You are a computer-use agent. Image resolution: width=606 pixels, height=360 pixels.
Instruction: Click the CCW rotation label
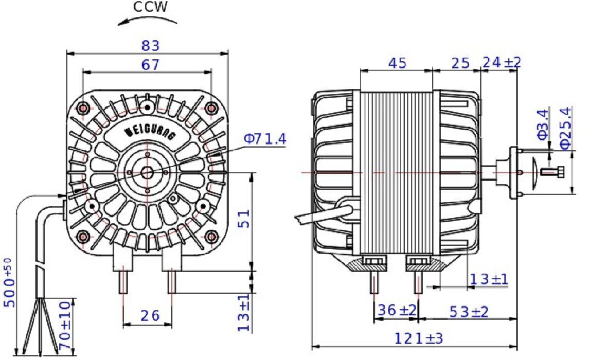pos(150,7)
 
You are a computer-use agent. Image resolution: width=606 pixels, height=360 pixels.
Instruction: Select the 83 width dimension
pos(150,46)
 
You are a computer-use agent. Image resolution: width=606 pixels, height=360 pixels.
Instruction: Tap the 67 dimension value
pos(150,64)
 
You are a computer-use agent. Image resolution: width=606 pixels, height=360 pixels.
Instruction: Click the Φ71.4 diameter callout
pos(265,139)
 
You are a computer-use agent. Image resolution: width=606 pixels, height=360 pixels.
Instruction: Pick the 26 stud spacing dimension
pos(150,316)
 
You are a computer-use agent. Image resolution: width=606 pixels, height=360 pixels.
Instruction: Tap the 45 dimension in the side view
pos(397,63)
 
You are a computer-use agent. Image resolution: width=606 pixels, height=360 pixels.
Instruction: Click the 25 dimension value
pos(460,63)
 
